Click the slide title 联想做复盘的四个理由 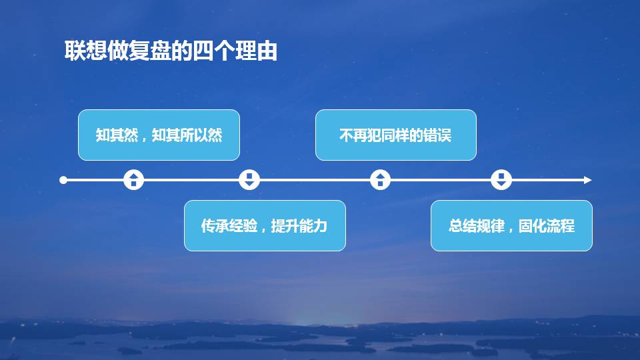click(x=171, y=51)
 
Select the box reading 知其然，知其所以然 click(x=159, y=135)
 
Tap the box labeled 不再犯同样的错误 click(x=395, y=135)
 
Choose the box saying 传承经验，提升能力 click(x=265, y=225)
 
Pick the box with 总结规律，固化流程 click(x=511, y=225)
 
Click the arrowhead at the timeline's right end click(x=587, y=180)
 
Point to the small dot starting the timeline click(x=63, y=180)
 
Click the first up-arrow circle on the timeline click(x=134, y=180)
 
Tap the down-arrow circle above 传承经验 click(x=249, y=180)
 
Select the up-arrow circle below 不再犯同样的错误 click(x=380, y=180)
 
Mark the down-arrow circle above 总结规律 click(x=501, y=180)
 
